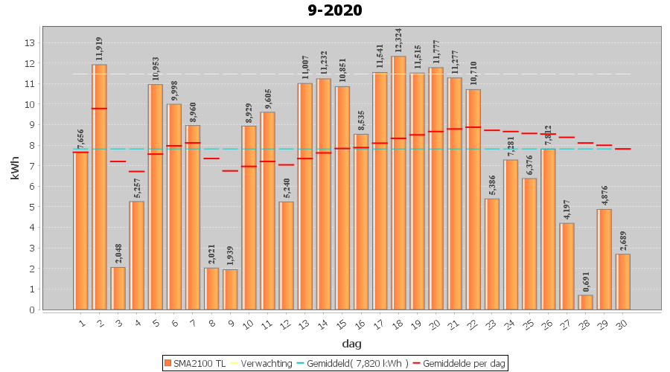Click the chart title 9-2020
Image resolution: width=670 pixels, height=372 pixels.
click(x=335, y=10)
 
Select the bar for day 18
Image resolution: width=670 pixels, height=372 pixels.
click(x=398, y=182)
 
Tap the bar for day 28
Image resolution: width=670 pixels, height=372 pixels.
click(x=586, y=302)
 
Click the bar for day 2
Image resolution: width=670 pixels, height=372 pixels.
click(x=99, y=186)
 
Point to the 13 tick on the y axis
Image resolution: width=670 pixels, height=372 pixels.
click(x=31, y=42)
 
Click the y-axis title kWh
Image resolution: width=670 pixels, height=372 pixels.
click(x=15, y=168)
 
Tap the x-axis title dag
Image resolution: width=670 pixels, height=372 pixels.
click(x=352, y=343)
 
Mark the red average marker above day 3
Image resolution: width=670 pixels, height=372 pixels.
click(x=118, y=161)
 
